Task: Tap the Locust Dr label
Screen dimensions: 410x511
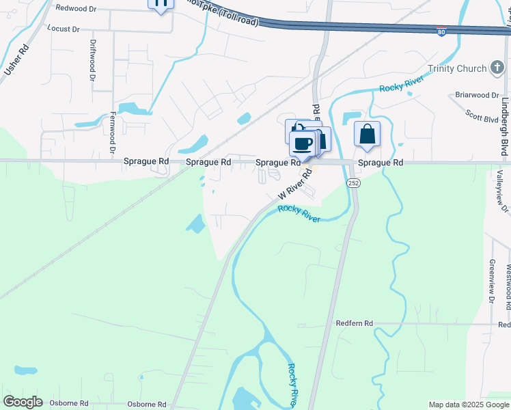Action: [x=63, y=29]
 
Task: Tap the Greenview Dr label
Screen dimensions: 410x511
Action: [x=492, y=280]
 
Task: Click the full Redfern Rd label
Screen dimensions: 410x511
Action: [x=355, y=323]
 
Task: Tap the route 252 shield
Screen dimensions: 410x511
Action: [x=353, y=183]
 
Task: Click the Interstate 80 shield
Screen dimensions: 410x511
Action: [x=442, y=31]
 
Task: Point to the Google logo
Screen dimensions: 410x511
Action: [x=23, y=402]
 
